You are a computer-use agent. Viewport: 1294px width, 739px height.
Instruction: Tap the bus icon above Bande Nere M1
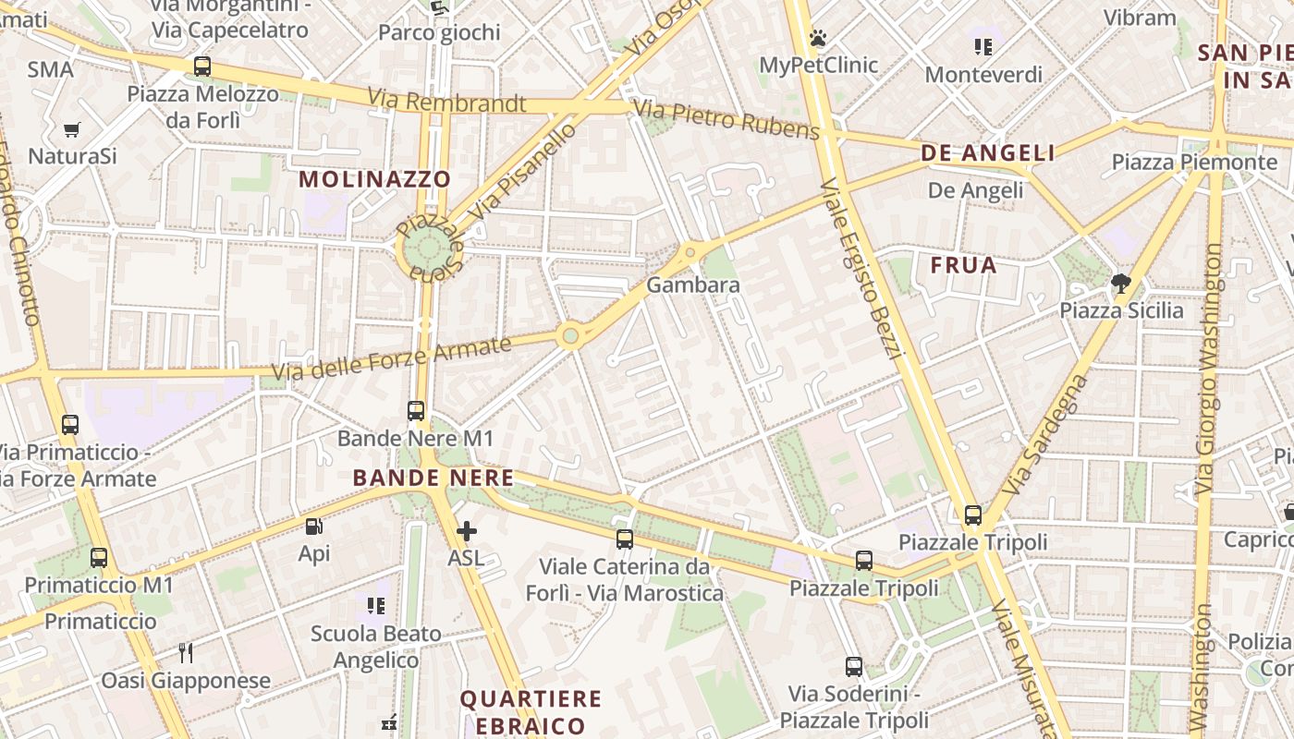[x=416, y=410]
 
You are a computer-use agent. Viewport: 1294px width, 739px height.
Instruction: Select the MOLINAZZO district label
[x=375, y=179]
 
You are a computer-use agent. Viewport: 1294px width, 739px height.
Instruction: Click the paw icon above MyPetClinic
[x=818, y=38]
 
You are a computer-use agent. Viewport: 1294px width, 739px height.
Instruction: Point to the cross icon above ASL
[x=467, y=531]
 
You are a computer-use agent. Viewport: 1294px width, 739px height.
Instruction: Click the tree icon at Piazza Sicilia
[x=1121, y=283]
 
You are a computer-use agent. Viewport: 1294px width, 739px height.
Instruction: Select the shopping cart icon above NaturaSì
[x=72, y=130]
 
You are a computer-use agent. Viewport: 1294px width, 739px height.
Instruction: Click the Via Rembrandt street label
[x=446, y=102]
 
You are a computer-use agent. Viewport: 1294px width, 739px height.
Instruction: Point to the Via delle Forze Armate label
[x=391, y=359]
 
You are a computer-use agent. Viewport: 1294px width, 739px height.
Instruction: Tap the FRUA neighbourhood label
[x=964, y=266]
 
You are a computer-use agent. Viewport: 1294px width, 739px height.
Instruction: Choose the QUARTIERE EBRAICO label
[x=531, y=711]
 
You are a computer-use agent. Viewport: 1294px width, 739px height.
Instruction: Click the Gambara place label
[x=693, y=285]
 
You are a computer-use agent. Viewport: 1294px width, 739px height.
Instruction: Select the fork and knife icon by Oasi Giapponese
[x=186, y=653]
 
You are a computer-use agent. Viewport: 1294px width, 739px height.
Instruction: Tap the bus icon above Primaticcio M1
[x=99, y=558]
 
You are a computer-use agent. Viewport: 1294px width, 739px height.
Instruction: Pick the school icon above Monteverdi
[x=983, y=47]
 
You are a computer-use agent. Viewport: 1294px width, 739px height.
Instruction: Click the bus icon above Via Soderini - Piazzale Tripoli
[x=854, y=666]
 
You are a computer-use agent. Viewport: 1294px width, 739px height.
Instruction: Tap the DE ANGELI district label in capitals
[x=988, y=153]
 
